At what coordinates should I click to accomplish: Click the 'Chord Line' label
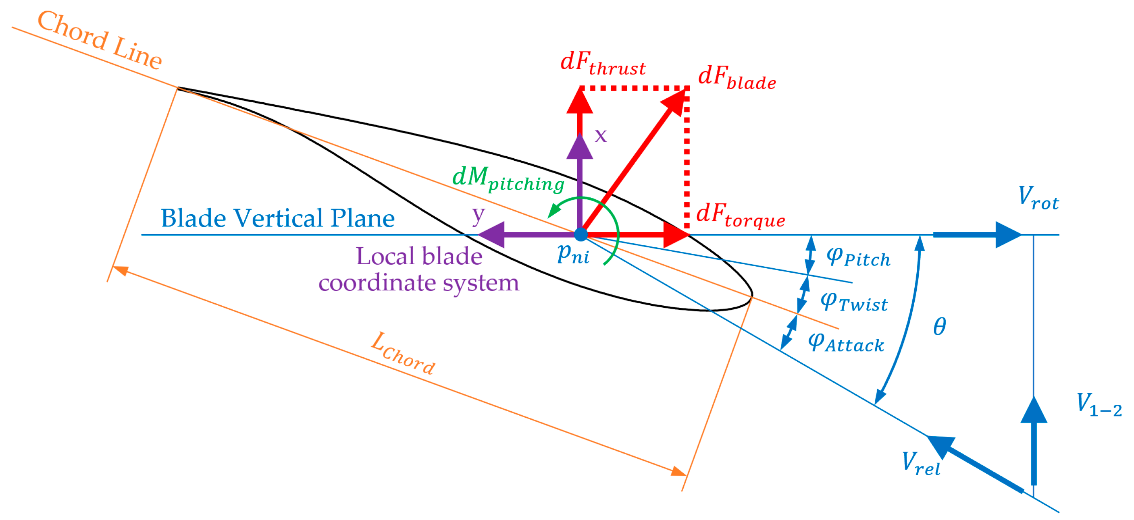click(x=100, y=40)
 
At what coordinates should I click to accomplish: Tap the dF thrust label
click(x=603, y=64)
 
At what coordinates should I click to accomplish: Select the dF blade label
click(x=737, y=78)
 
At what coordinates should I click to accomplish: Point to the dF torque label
click(x=741, y=216)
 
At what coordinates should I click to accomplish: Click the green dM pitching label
click(x=508, y=180)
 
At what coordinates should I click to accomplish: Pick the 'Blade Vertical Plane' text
click(x=277, y=219)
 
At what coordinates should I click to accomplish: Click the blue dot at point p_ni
click(x=581, y=234)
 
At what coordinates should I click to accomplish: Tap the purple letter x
click(x=600, y=135)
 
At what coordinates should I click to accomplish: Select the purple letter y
click(x=478, y=215)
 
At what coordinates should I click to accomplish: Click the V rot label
click(x=1038, y=199)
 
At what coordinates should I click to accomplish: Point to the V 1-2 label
click(x=1099, y=405)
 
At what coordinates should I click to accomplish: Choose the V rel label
click(x=921, y=464)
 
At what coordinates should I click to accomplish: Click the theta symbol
click(x=939, y=326)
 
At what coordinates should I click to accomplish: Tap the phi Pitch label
click(x=858, y=257)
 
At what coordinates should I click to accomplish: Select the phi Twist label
click(x=854, y=302)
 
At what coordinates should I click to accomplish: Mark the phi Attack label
click(x=846, y=343)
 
